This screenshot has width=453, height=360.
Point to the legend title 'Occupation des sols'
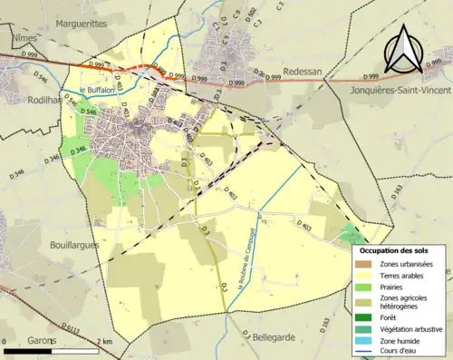[393, 250]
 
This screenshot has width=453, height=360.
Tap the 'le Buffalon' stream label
[95, 91]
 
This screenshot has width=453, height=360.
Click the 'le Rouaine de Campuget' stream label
[242, 263]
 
